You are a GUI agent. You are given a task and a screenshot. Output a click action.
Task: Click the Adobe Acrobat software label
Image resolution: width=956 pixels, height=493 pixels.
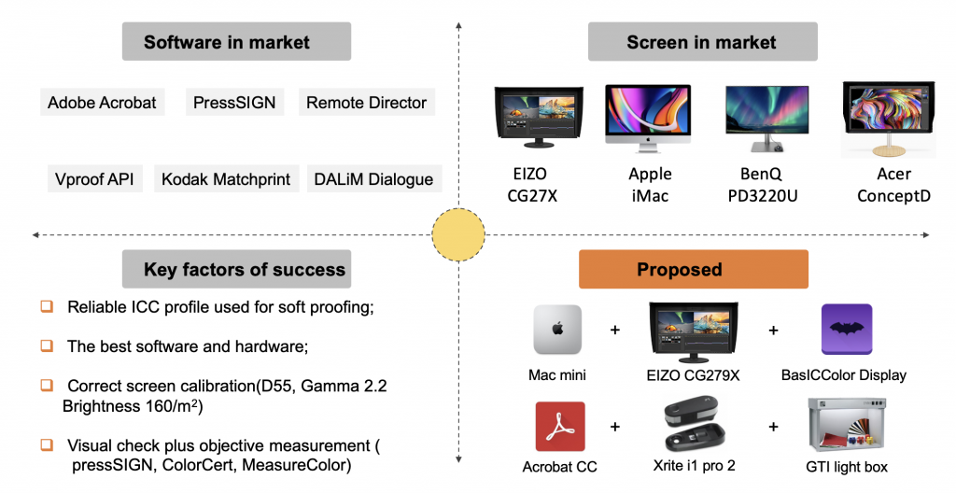tap(103, 103)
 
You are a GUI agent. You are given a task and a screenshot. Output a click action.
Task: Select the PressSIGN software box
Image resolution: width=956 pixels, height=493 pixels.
tap(234, 103)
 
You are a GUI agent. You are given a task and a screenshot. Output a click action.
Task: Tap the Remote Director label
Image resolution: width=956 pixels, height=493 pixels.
tap(366, 103)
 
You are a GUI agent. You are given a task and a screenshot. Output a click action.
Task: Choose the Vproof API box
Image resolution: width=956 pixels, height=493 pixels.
tap(94, 178)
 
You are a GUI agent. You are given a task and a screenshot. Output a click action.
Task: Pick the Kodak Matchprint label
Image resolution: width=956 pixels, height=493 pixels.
tap(226, 178)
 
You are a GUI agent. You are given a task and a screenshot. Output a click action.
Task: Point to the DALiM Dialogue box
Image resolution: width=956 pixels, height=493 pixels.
tap(373, 178)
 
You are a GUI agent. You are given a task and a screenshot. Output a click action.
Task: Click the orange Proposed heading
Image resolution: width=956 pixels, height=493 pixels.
tap(694, 269)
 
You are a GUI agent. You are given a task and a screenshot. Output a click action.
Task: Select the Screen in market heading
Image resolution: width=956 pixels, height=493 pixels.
tap(702, 41)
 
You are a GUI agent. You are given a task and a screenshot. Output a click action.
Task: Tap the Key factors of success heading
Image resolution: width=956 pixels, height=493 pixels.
tap(236, 269)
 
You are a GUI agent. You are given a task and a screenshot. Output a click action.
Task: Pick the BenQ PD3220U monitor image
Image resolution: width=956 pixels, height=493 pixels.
tap(766, 119)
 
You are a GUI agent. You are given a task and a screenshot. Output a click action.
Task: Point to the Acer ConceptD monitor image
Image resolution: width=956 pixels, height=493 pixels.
tap(889, 120)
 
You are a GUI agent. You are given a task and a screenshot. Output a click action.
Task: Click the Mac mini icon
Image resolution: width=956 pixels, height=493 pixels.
tap(557, 330)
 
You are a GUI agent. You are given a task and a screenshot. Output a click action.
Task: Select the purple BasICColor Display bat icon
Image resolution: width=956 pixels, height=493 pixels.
tap(846, 330)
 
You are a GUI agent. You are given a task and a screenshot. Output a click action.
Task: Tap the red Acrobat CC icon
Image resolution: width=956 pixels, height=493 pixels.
tap(560, 427)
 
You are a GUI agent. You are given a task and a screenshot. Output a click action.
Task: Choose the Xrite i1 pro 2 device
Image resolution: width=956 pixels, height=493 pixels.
tap(695, 425)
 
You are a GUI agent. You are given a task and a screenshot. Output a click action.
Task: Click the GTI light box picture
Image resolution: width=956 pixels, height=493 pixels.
tap(847, 426)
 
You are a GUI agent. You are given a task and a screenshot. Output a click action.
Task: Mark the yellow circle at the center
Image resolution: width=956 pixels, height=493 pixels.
tap(458, 234)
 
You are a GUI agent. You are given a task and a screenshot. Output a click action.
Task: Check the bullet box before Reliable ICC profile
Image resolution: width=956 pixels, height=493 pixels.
tap(47, 305)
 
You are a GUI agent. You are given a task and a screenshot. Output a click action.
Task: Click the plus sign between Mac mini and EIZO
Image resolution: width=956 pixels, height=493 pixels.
tap(614, 331)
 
